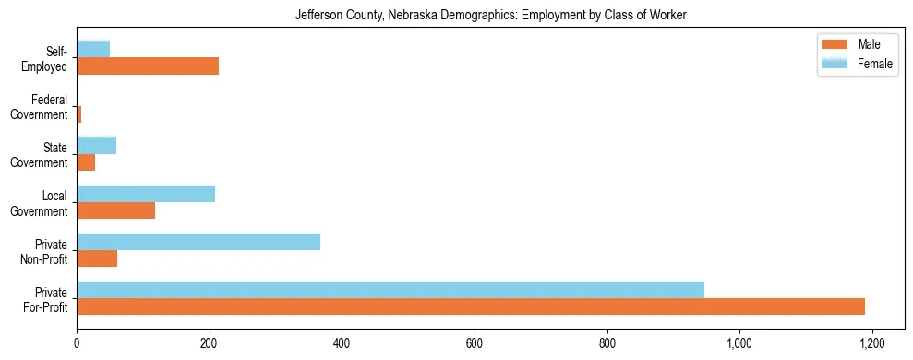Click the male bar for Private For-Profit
pyautogui.click(x=471, y=306)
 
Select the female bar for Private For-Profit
pyautogui.click(x=390, y=290)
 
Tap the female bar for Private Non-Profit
pyautogui.click(x=198, y=242)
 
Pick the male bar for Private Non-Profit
pyautogui.click(x=97, y=258)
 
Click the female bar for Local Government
pyautogui.click(x=146, y=194)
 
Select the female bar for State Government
pyautogui.click(x=97, y=145)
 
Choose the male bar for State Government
pyautogui.click(x=86, y=162)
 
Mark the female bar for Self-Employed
pyautogui.click(x=93, y=49)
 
